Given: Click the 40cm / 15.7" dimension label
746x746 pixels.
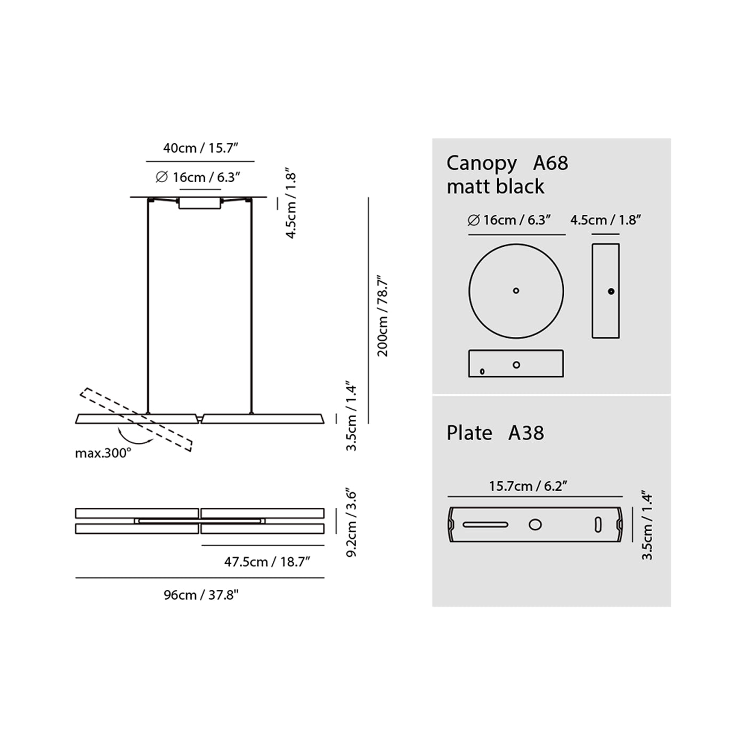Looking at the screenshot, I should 200,148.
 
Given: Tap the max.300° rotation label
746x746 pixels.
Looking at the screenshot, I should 103,453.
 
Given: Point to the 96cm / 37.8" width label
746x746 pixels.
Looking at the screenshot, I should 201,595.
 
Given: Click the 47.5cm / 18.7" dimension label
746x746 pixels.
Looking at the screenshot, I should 267,562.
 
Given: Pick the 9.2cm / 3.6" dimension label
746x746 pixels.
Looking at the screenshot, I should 351,523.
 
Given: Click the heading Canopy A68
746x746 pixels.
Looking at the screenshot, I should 507,163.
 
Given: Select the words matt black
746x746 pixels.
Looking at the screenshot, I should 495,186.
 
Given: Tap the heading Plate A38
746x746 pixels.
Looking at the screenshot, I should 495,433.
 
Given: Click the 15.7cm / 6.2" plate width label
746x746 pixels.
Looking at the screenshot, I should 528,486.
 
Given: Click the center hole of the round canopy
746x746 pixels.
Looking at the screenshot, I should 516,291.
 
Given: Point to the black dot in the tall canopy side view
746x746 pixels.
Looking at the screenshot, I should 611,291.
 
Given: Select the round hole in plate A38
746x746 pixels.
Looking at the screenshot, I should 535,525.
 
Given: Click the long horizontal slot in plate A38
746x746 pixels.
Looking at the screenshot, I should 485,525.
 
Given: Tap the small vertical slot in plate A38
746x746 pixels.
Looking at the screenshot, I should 598,525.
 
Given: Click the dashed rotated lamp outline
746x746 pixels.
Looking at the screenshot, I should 136,419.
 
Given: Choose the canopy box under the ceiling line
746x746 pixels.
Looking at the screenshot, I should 200,203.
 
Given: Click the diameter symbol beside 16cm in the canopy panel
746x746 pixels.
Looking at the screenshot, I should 473,220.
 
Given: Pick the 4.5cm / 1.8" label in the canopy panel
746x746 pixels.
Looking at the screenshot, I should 605,220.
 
